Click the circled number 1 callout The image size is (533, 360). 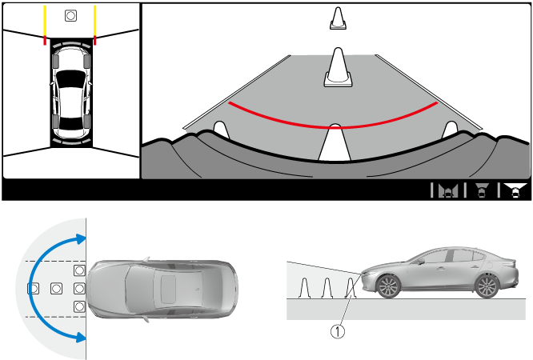[x=338, y=332]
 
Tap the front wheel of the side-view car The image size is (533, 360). [x=388, y=286]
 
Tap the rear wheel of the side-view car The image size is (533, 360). [x=487, y=286]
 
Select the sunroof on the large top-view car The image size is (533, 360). [x=168, y=289]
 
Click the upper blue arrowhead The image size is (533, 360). [x=81, y=238]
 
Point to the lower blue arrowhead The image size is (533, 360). [x=81, y=338]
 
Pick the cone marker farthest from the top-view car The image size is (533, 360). [x=34, y=289]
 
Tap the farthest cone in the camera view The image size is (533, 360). [x=338, y=18]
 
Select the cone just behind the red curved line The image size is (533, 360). [x=338, y=67]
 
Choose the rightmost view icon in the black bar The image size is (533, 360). [x=515, y=190]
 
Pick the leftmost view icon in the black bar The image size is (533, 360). [x=447, y=190]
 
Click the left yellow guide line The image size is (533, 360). [x=45, y=20]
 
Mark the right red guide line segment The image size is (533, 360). [x=95, y=40]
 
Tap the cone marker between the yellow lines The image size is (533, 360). [x=70, y=15]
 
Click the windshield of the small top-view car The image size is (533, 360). [x=70, y=78]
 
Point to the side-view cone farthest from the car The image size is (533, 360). [x=304, y=288]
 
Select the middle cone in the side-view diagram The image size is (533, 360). [x=327, y=288]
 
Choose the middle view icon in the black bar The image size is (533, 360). [x=482, y=190]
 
